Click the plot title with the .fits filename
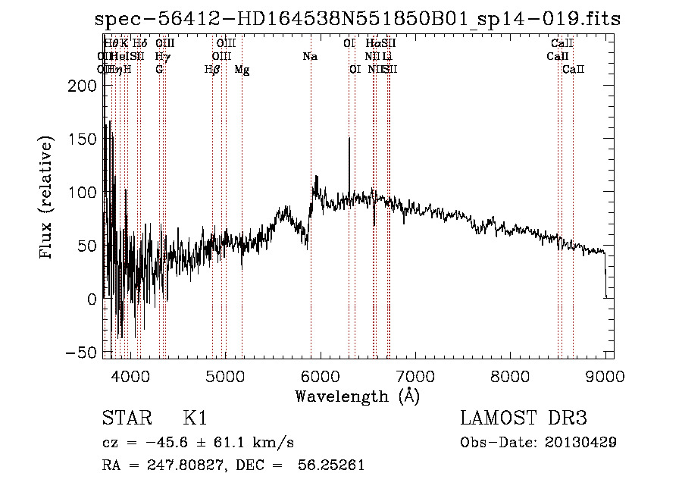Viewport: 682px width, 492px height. pos(358,19)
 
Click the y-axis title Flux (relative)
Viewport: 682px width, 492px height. pos(47,199)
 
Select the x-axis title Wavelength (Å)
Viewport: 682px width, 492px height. pos(358,396)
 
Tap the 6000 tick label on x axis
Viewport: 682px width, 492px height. pos(320,375)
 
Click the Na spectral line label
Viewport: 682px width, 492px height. pos(309,56)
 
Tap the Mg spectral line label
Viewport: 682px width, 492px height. pos(242,70)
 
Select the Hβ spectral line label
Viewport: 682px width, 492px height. pos(212,70)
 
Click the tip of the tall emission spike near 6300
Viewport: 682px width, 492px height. pos(349,139)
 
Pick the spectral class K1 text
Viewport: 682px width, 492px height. pos(195,418)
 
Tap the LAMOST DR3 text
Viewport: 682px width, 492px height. pos(523,418)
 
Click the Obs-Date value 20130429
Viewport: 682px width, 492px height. pos(581,442)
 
